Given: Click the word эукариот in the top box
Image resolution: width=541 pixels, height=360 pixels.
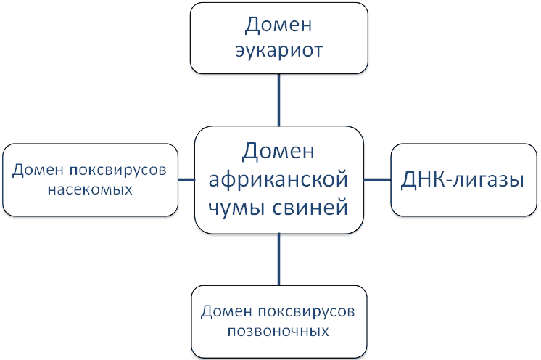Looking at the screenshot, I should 279,52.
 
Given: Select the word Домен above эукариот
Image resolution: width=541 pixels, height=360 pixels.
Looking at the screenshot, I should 279,24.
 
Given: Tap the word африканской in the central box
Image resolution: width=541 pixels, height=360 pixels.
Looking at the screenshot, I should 279,179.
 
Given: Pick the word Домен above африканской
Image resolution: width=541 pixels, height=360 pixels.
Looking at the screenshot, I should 279,152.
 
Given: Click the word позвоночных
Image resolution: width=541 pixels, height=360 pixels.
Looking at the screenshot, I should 278,332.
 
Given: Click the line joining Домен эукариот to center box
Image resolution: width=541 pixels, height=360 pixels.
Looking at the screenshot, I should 279,102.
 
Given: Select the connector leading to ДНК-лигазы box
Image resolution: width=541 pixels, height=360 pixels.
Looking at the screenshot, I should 377,179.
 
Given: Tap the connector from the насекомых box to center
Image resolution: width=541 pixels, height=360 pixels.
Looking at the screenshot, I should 187,179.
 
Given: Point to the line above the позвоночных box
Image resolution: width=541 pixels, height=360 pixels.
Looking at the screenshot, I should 279,259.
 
